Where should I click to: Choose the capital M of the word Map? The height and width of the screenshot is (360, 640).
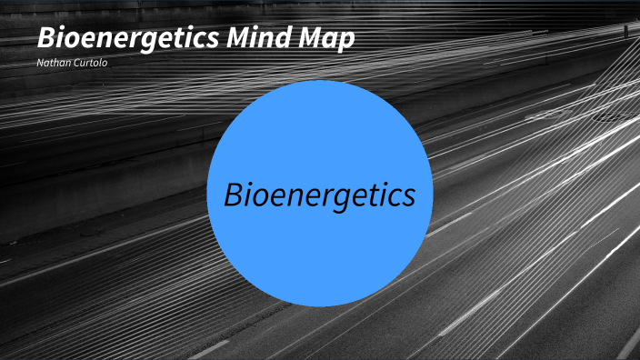pos(313,40)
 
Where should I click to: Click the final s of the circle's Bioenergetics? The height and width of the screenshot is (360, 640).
pos(409,196)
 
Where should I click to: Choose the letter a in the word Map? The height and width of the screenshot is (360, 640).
pos(332,42)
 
